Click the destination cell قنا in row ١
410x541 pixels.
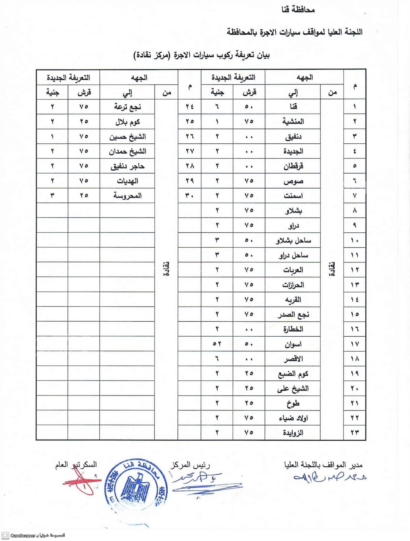[x=293, y=106]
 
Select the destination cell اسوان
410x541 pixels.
[x=293, y=344]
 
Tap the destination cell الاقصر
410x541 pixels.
[x=293, y=359]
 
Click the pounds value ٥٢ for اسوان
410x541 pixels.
[x=217, y=344]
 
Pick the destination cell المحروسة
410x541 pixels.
[x=127, y=196]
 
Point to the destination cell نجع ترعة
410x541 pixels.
[x=127, y=107]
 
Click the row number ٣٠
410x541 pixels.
[x=189, y=196]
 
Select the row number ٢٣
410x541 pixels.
[x=355, y=433]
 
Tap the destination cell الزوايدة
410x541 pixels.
[x=293, y=433]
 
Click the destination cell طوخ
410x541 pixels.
[x=293, y=403]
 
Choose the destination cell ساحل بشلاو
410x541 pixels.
[x=293, y=240]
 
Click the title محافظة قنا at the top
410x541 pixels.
[x=298, y=10]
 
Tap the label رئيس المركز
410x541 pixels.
[x=190, y=465]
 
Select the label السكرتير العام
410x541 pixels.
[x=76, y=465]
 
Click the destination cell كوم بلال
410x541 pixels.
[x=127, y=122]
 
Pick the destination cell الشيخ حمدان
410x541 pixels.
[x=127, y=151]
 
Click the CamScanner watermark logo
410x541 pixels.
[x=5, y=535]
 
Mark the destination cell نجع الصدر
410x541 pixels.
[x=293, y=314]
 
